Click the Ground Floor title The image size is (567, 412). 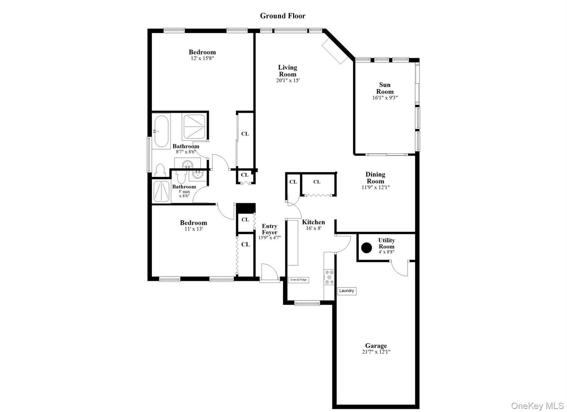pos(282,16)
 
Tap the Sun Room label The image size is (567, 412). pos(385,88)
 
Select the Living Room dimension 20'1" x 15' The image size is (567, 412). pos(288,81)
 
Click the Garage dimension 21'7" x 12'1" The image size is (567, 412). pos(376,352)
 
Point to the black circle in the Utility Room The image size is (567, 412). pos(367,248)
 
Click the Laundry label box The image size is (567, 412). pos(347,291)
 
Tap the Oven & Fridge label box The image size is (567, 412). pos(298,280)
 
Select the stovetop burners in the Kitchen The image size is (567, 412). pos(329,277)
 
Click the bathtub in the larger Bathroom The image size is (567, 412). pos(161,131)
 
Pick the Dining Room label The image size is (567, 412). pos(375,178)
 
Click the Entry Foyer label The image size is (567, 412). pos(269,229)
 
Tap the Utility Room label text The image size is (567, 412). pos(386,243)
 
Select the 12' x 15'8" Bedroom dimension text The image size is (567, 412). pos(202,58)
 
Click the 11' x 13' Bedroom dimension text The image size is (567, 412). pos(194,229)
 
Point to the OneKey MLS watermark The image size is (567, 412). pos(537,406)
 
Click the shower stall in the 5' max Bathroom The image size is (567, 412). pos(161,191)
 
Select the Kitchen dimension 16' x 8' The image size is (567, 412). pos(313,228)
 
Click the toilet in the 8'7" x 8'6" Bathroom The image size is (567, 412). pos(160,170)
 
